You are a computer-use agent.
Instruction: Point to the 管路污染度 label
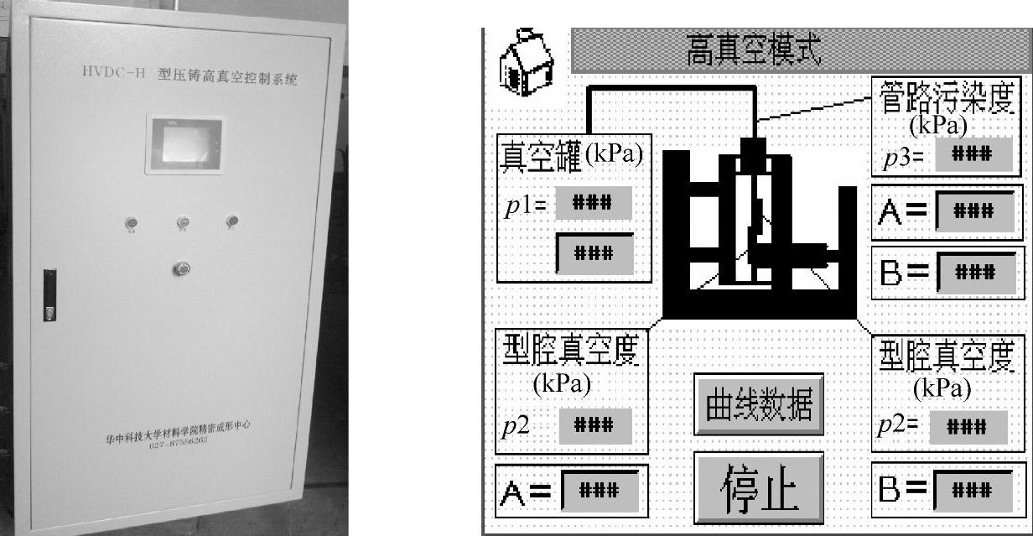click(x=947, y=96)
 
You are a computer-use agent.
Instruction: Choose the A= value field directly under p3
click(x=974, y=211)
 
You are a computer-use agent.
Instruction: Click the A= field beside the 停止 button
click(x=600, y=489)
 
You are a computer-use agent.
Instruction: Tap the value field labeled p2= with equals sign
click(x=968, y=426)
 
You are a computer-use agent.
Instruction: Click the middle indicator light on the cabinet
click(x=183, y=222)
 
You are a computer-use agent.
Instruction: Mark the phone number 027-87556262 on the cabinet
click(x=179, y=445)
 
